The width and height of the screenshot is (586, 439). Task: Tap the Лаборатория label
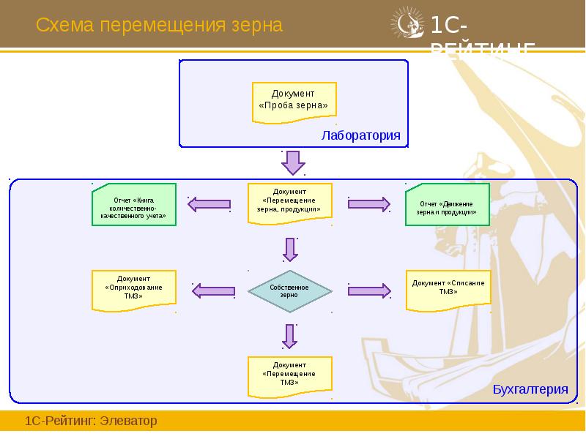pos(361,135)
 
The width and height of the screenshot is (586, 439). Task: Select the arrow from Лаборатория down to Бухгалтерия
pos(294,162)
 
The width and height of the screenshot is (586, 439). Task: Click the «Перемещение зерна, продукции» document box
pos(289,200)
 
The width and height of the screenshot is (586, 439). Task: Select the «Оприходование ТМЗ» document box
pos(133,288)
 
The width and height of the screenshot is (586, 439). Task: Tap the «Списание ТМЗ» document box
pos(448,288)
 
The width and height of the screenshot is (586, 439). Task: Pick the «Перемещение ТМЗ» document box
pos(289,375)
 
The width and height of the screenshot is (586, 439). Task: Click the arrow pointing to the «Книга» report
pos(210,205)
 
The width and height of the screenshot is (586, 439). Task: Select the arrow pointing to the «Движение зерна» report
pos(368,205)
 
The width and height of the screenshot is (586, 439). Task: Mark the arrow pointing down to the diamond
pos(290,249)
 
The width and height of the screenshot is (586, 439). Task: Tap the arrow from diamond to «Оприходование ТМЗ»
pos(213,290)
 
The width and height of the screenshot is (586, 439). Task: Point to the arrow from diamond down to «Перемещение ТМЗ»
pos(290,335)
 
